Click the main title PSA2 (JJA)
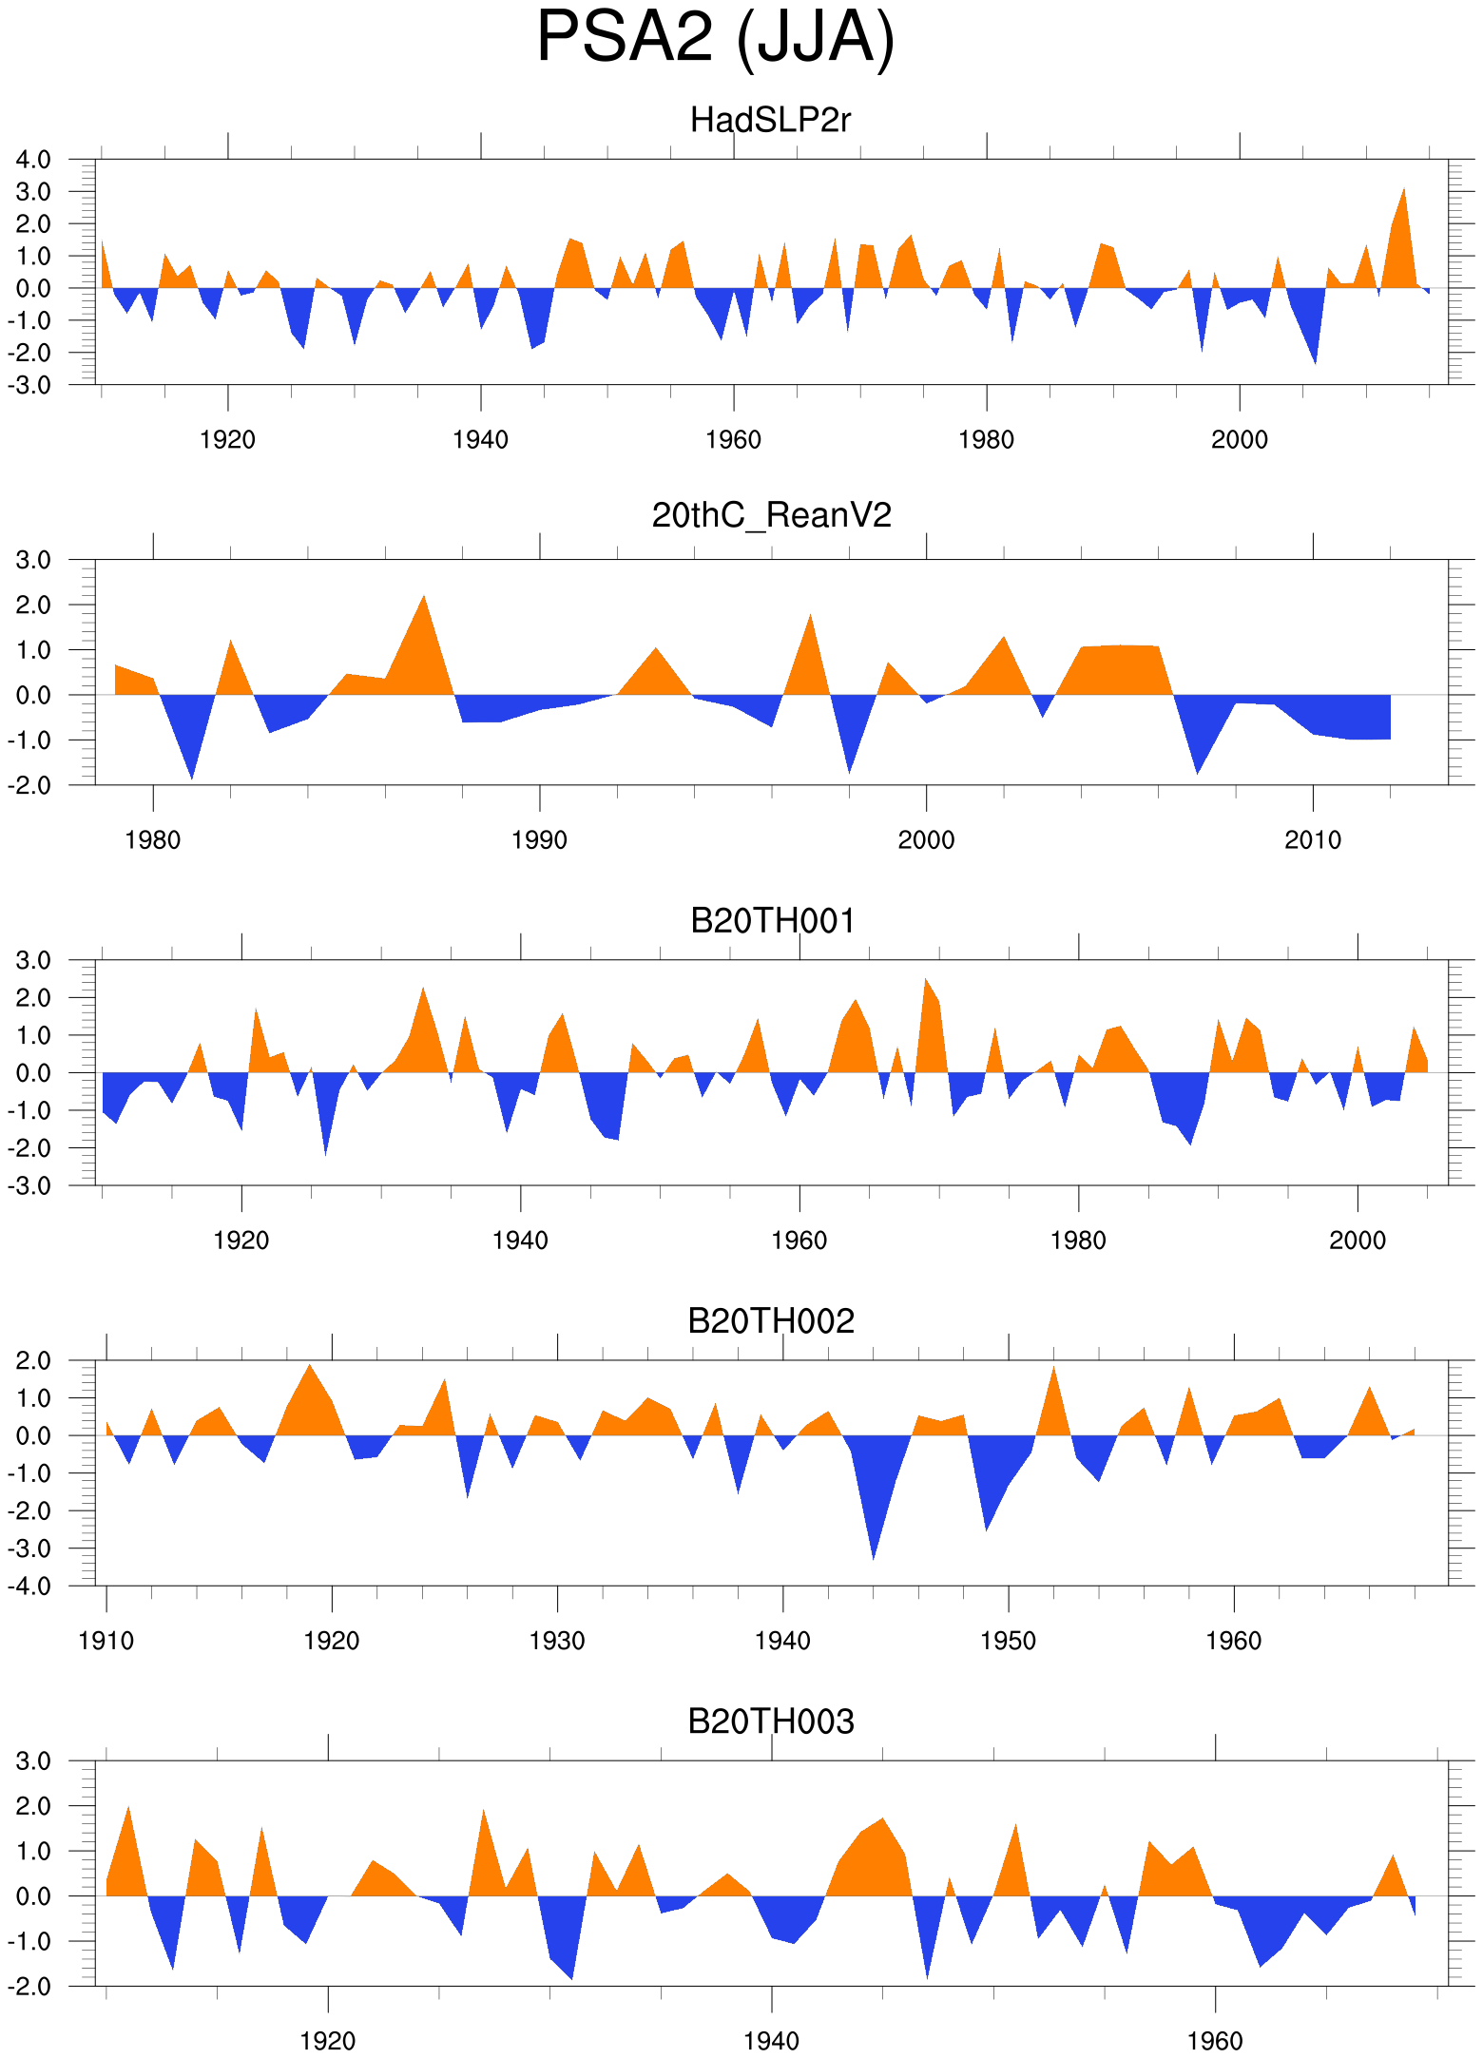coord(716,38)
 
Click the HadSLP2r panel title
coord(770,121)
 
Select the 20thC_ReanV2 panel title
coord(771,515)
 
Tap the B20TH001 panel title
coord(772,921)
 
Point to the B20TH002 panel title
coord(771,1321)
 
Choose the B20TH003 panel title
coord(771,1721)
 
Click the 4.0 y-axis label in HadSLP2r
coord(33,160)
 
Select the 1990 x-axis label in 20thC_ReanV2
coord(539,840)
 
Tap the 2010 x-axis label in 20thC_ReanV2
coord(1313,840)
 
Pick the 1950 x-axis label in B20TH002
coord(1008,1641)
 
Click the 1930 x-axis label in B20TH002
coord(557,1641)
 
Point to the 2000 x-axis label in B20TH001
coord(1358,1241)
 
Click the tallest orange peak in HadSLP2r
coord(1403,191)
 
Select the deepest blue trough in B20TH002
coord(874,1557)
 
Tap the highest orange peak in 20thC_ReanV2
coord(424,598)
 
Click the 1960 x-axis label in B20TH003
coord(1215,2041)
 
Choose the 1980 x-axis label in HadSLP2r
coord(986,440)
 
